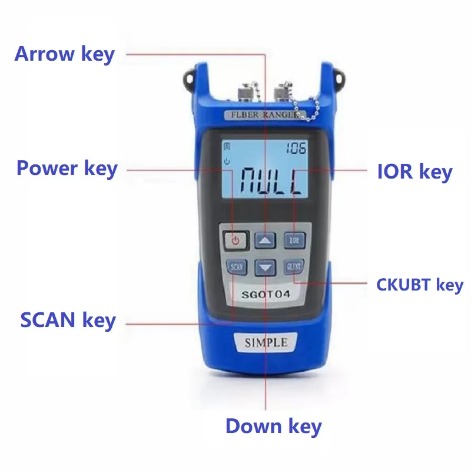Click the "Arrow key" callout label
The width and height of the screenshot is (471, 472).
point(64,54)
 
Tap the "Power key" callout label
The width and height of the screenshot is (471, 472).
point(67,169)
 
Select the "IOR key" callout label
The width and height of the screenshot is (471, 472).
point(414,171)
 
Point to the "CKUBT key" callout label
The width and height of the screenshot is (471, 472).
point(420,285)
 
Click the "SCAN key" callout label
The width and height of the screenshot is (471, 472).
point(68,321)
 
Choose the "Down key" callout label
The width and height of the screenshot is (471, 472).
point(273,426)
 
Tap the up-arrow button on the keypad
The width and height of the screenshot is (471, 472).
point(265,240)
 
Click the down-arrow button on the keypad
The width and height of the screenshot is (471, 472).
point(266,268)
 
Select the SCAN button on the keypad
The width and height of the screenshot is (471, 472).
point(235,266)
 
